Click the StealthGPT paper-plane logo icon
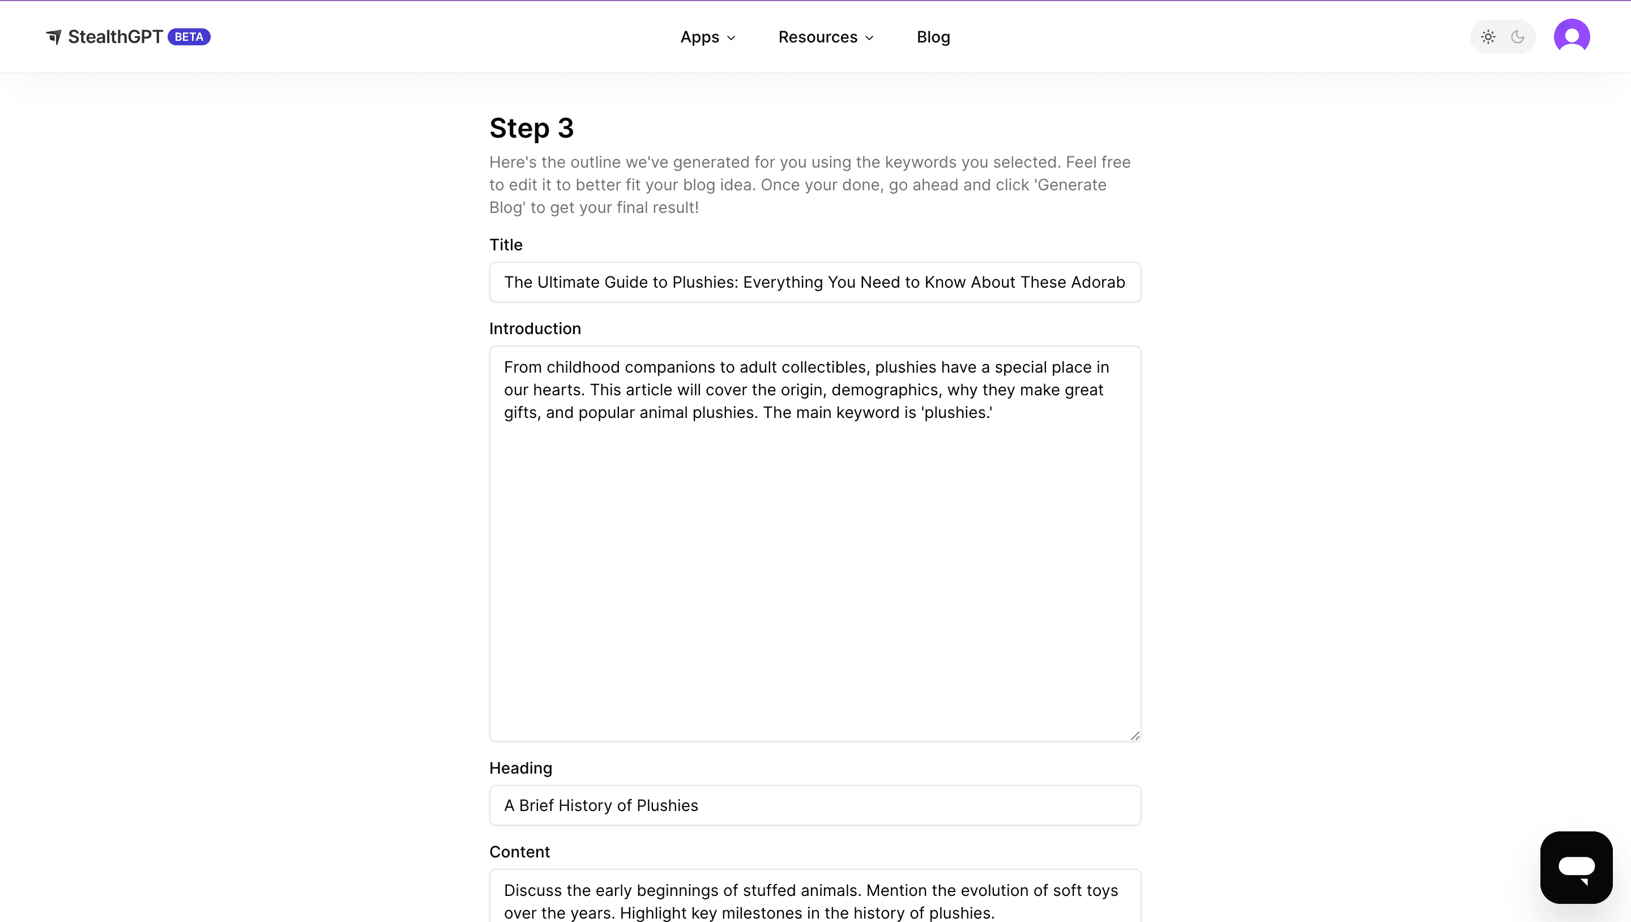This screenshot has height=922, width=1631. click(x=54, y=37)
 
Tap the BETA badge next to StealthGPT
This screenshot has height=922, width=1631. click(x=189, y=37)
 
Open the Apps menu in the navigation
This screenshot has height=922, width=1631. click(x=707, y=37)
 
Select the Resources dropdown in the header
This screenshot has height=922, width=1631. click(x=825, y=37)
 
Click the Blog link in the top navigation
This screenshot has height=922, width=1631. click(x=933, y=37)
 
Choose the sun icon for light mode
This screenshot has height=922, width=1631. click(x=1488, y=37)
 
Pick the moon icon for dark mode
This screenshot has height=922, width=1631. click(x=1518, y=37)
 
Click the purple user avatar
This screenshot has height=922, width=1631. click(x=1572, y=37)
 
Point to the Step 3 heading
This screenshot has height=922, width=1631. click(x=531, y=129)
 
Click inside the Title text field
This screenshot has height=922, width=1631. click(x=814, y=283)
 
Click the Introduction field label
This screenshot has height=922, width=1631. click(x=535, y=328)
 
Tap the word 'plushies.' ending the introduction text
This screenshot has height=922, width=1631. click(x=957, y=413)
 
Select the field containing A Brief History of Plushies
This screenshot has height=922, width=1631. click(x=814, y=805)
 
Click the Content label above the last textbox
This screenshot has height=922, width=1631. click(x=519, y=852)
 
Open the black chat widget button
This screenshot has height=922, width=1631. click(x=1576, y=867)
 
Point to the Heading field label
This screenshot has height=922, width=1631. click(x=520, y=768)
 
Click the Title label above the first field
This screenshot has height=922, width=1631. click(x=505, y=245)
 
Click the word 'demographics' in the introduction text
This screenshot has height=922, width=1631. click(x=885, y=390)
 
